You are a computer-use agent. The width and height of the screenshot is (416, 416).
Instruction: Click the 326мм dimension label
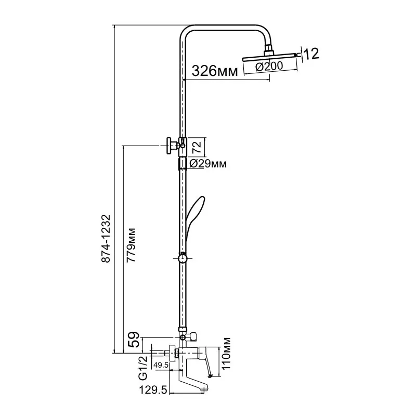point(215,71)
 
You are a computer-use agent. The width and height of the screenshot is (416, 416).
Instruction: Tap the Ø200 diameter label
point(269,67)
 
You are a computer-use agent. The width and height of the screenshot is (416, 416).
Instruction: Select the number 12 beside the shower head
point(311,54)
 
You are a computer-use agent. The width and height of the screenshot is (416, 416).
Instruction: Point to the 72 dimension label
point(197,147)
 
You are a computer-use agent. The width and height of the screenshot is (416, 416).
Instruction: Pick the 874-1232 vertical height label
point(106,239)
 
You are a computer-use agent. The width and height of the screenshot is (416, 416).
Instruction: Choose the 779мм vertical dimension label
point(131,245)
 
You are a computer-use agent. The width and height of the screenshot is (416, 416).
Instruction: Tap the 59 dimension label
point(134,340)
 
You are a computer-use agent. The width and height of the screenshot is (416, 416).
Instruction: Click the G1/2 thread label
point(143,368)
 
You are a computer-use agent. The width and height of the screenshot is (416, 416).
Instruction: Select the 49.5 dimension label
point(161,365)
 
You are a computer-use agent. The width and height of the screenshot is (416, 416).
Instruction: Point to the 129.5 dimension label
point(153,390)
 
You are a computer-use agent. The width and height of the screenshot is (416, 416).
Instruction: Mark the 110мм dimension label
point(226,354)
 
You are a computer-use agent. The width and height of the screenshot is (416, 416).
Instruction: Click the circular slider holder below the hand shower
point(183,258)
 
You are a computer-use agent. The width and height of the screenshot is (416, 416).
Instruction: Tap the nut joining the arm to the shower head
point(269,49)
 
